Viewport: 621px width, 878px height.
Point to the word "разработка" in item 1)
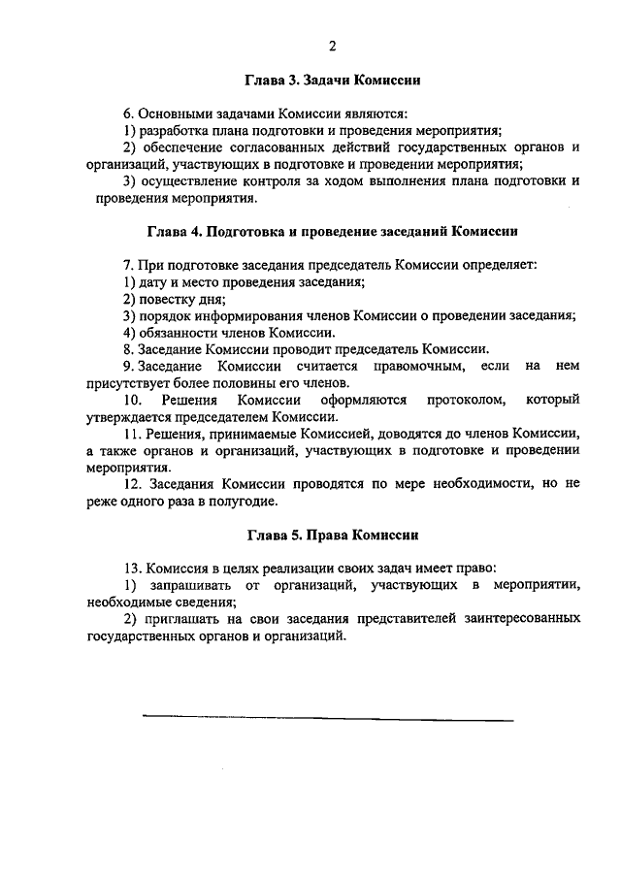pyautogui.click(x=175, y=130)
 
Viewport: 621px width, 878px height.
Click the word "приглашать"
pyautogui.click(x=183, y=617)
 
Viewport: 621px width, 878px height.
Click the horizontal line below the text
pyautogui.click(x=327, y=719)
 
